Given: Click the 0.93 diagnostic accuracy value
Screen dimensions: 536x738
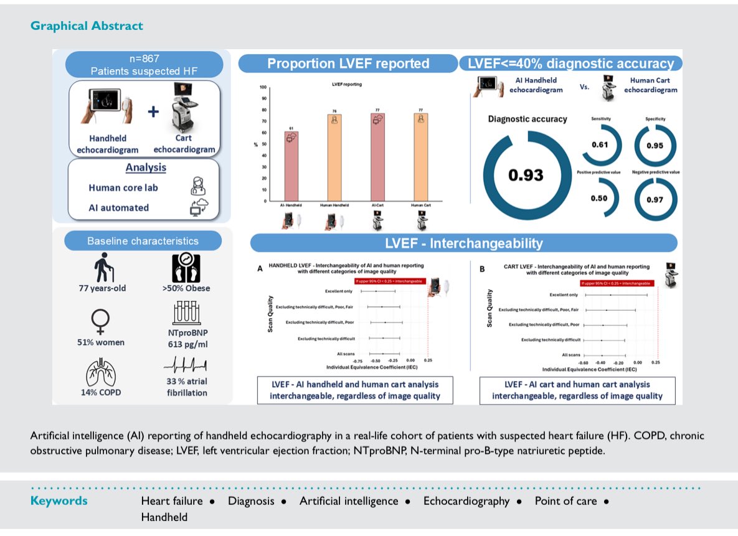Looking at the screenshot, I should pyautogui.click(x=526, y=176).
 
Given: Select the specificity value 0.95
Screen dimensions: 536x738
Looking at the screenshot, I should pyautogui.click(x=654, y=146).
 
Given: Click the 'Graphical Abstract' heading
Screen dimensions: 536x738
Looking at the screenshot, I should pyautogui.click(x=87, y=26).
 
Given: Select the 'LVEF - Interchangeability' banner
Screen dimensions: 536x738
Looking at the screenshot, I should pyautogui.click(x=463, y=243).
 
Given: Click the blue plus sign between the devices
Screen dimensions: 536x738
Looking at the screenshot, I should pyautogui.click(x=153, y=111).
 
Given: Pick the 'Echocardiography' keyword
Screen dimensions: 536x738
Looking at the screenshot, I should pyautogui.click(x=466, y=501).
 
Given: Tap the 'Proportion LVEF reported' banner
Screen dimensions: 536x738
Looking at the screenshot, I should pyautogui.click(x=348, y=63).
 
